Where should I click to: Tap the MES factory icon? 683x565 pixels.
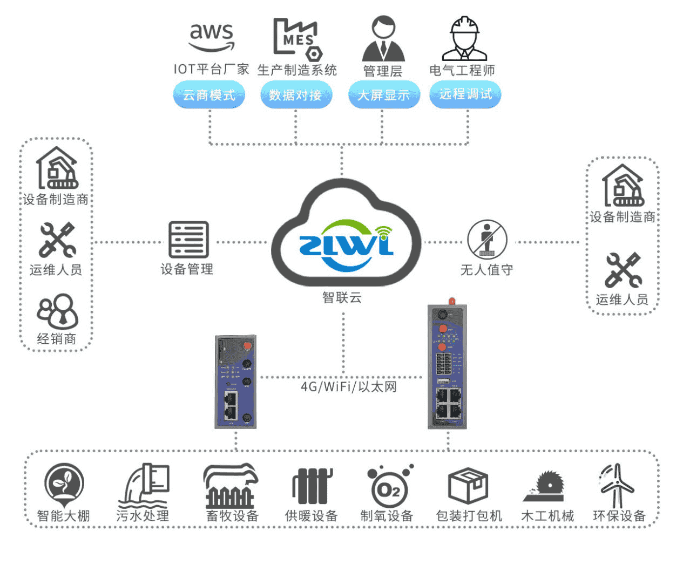pos(296,38)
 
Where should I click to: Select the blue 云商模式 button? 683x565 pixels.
pos(209,95)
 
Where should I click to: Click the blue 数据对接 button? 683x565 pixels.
pos(295,95)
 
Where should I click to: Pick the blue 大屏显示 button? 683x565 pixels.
pos(383,95)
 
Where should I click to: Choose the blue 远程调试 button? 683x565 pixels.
pos(465,94)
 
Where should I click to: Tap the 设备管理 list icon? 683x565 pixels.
pos(188,240)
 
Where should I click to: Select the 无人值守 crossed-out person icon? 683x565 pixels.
pos(486,239)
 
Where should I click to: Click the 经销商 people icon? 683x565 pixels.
pos(57,311)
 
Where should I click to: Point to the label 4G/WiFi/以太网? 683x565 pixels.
pos(348,386)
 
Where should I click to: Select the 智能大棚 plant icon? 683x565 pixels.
pos(64,484)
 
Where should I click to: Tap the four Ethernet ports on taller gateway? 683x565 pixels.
pos(448,403)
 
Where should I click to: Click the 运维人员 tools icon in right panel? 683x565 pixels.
pos(623,270)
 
